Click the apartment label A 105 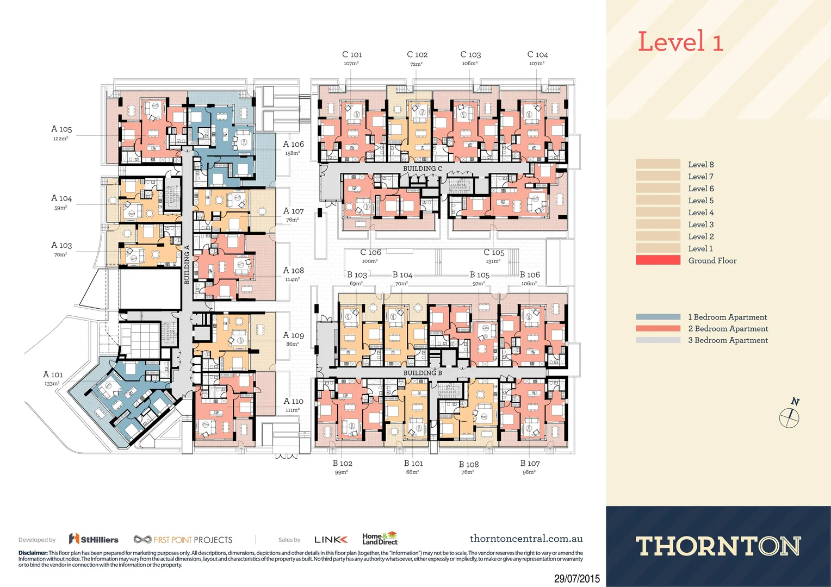61,129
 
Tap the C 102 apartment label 417,54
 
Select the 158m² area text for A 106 293,153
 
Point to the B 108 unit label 468,464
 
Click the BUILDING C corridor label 423,168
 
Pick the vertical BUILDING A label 187,264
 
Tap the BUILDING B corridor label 423,373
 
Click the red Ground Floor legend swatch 658,260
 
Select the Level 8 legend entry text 700,165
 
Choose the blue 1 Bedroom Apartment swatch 658,317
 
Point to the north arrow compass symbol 789,417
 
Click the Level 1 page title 680,42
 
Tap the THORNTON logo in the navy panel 718,546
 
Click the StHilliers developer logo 94,539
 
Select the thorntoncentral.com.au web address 526,539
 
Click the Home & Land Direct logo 380,539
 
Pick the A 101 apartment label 53,374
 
